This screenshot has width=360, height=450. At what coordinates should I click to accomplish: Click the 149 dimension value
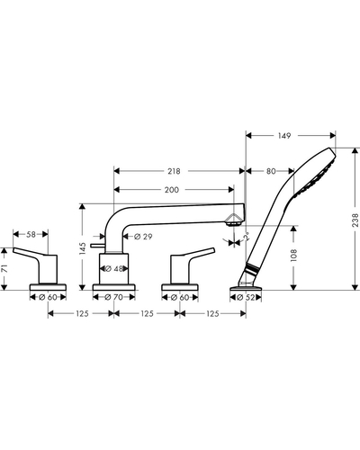(284, 136)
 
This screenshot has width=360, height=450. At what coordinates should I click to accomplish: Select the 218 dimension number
(174, 171)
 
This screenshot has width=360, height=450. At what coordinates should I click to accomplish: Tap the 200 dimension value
(172, 190)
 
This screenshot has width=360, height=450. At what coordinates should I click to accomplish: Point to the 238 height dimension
(355, 220)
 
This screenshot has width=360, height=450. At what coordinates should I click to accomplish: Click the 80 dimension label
(271, 171)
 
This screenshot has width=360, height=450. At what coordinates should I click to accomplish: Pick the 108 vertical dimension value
(294, 256)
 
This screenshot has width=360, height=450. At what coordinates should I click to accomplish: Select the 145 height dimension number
(83, 248)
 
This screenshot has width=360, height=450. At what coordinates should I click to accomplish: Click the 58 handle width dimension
(31, 234)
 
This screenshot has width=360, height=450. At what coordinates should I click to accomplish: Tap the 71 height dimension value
(4, 268)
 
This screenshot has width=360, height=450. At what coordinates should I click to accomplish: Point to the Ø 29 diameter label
(143, 237)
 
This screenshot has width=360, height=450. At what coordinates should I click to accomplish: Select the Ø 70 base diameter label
(113, 297)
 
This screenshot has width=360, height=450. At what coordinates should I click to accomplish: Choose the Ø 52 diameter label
(246, 298)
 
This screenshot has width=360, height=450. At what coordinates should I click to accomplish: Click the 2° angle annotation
(247, 237)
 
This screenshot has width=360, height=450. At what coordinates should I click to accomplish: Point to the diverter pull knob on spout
(97, 246)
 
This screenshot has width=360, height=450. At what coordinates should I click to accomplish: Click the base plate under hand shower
(246, 288)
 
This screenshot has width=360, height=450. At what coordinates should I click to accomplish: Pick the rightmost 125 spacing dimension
(213, 314)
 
